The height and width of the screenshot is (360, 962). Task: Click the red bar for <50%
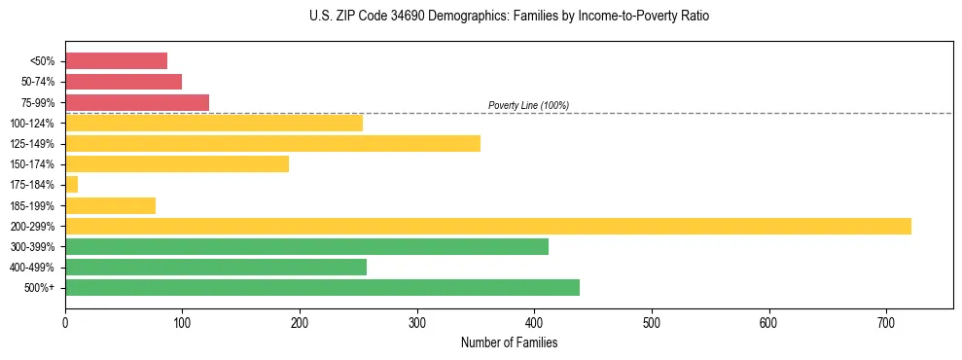click(116, 61)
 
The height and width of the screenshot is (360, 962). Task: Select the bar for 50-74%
click(124, 82)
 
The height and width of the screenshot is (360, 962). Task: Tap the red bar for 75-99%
click(137, 102)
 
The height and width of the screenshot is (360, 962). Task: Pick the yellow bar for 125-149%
click(272, 144)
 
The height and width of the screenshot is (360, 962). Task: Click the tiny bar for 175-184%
click(71, 185)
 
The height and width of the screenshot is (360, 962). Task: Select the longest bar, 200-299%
click(487, 226)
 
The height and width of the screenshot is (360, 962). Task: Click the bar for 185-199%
click(110, 205)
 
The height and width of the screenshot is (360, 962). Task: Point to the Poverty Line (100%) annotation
click(528, 105)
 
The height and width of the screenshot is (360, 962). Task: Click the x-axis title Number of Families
click(509, 342)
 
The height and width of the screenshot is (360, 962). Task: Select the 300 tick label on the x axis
click(417, 321)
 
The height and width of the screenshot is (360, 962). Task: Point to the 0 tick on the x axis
click(65, 321)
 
